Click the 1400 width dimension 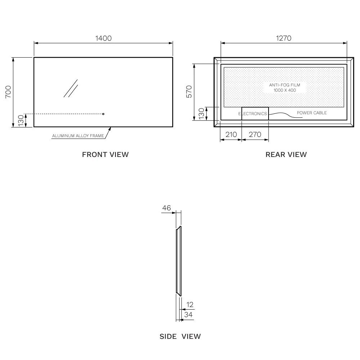104,38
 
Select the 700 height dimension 8,92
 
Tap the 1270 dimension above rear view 284,38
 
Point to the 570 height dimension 189,91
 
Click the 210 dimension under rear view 231,134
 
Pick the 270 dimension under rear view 255,134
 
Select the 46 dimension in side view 166,208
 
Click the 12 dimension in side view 190,305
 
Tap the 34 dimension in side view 188,315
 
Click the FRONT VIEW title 105,154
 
